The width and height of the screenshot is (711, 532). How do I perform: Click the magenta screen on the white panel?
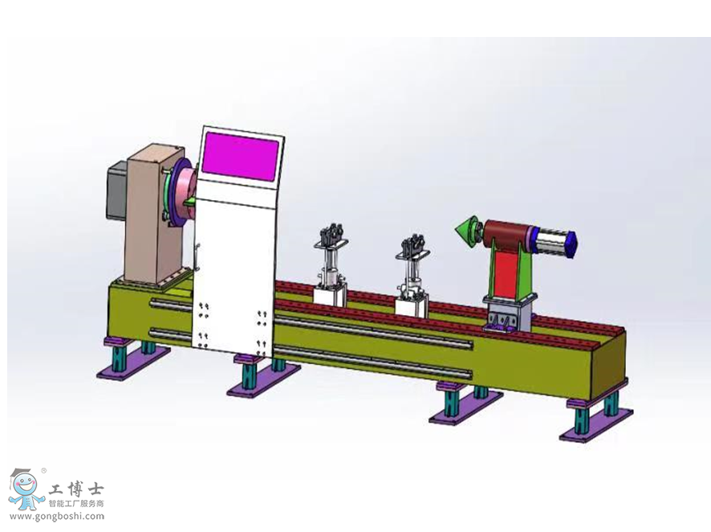(x=240, y=156)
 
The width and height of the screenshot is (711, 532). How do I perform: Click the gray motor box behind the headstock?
(x=117, y=190)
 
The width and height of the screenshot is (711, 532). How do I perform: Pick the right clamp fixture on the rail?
(x=412, y=267)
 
